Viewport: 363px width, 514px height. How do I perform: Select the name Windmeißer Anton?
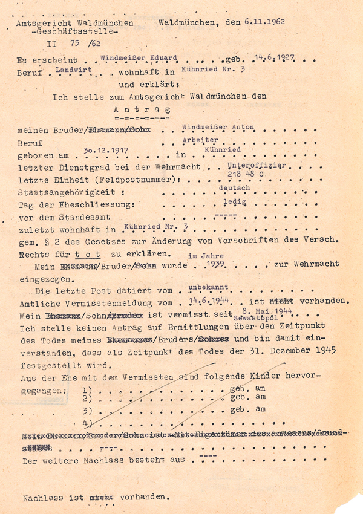coord(218,128)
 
